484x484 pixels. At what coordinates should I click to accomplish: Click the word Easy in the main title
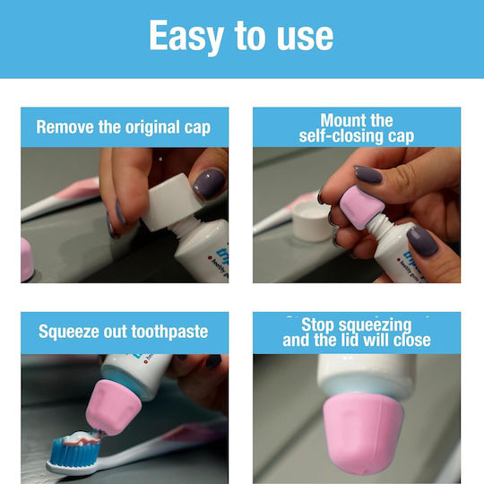click(186, 37)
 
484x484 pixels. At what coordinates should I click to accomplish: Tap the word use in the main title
click(305, 38)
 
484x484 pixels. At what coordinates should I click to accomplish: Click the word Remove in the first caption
click(65, 126)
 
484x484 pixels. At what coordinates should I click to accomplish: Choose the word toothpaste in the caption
click(169, 333)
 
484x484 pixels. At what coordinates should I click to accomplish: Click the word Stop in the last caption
click(317, 324)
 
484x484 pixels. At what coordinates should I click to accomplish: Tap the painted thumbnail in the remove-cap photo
click(209, 184)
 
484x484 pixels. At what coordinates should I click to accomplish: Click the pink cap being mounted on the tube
click(362, 207)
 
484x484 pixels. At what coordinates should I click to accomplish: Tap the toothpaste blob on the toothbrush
click(82, 438)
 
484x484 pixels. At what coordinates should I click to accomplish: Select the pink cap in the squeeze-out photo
click(113, 407)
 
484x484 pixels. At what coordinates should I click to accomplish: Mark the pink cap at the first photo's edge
click(27, 259)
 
